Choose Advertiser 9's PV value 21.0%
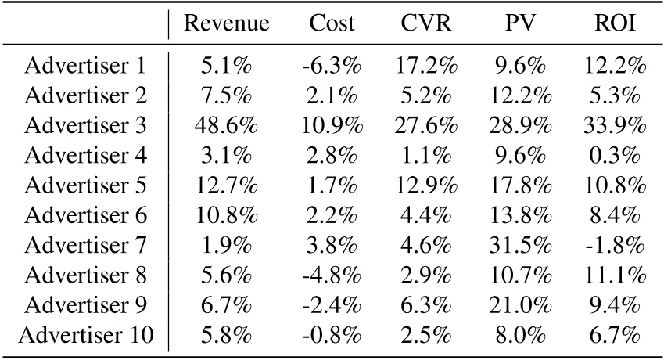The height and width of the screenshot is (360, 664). click(x=520, y=306)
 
